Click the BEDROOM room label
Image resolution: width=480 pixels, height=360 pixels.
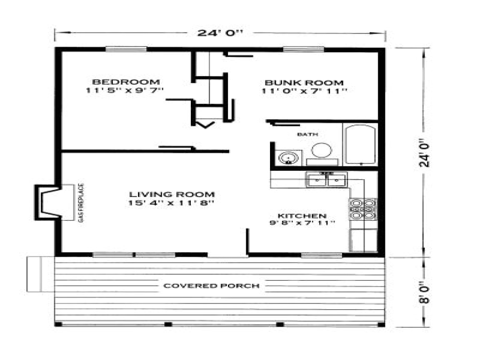[125, 82]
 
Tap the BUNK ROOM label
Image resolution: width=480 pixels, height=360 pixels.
[304, 83]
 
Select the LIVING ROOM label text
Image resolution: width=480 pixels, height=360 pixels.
[172, 194]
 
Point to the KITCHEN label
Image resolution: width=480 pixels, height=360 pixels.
[302, 216]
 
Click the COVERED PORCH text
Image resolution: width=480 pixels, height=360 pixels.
[211, 286]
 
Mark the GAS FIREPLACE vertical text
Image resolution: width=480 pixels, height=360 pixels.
[81, 202]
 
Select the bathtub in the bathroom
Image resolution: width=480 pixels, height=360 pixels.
[360, 144]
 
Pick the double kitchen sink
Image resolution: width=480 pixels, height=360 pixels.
[326, 180]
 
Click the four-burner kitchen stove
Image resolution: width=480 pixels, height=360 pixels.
[362, 209]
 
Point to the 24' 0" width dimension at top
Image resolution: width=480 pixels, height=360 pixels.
[220, 33]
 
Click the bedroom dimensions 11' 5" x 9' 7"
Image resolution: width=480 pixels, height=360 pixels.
[125, 90]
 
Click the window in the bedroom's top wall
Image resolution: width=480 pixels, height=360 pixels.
[126, 49]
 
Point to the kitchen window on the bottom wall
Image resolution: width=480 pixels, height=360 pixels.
[321, 255]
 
